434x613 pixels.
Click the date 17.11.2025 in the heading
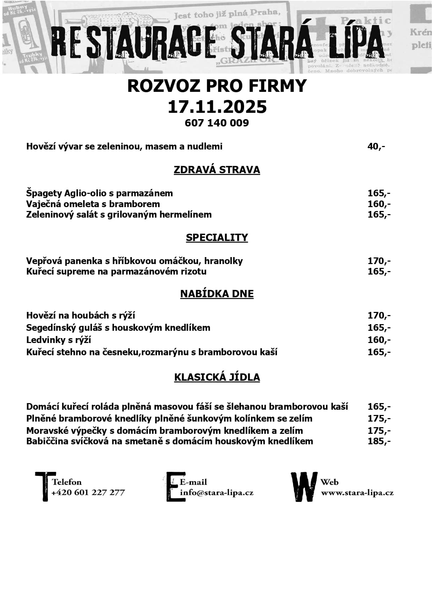click(x=217, y=107)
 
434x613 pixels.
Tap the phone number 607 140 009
click(x=217, y=123)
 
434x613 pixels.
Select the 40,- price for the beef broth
click(x=376, y=146)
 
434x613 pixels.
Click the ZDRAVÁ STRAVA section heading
click(x=217, y=170)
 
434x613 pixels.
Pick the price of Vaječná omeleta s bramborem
click(x=379, y=204)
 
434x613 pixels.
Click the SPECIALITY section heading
click(x=217, y=238)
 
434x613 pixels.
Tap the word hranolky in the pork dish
click(x=223, y=261)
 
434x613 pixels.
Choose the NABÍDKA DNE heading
click(x=217, y=294)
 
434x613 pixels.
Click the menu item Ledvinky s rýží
click(x=59, y=340)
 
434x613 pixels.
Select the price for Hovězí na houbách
click(x=379, y=315)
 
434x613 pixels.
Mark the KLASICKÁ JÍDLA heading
click(x=217, y=377)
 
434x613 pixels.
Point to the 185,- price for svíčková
click(x=379, y=441)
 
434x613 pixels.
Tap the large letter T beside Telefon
click(x=45, y=487)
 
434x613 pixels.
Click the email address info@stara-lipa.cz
click(x=216, y=493)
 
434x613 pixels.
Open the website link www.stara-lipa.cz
click(x=357, y=493)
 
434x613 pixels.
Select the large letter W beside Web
click(x=304, y=487)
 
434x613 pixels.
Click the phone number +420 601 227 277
click(x=88, y=492)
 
